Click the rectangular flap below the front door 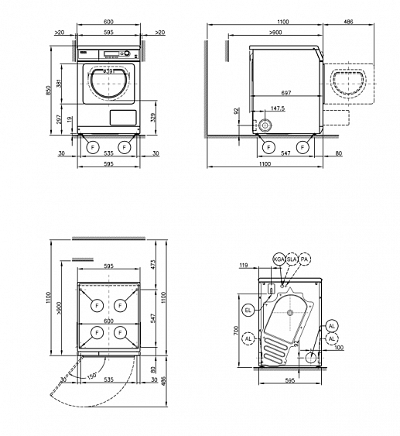click(x=122, y=117)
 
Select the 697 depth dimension click(x=281, y=92)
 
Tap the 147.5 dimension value click(x=278, y=109)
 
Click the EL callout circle click(x=248, y=310)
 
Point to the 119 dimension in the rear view click(x=245, y=266)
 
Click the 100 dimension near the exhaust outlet click(x=339, y=348)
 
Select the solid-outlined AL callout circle click(x=332, y=326)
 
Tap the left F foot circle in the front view click(x=93, y=146)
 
